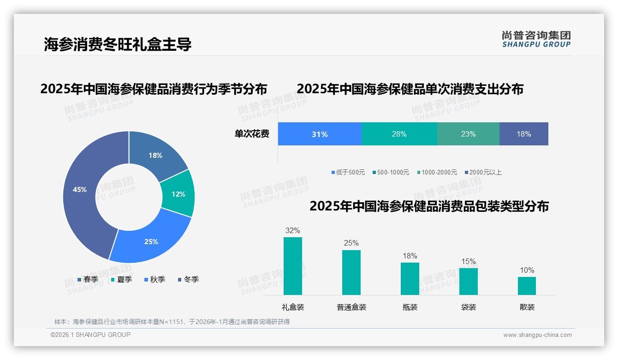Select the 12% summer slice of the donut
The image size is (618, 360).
[178, 194]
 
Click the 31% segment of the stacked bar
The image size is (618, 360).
[320, 134]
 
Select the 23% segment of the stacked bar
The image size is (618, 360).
[468, 134]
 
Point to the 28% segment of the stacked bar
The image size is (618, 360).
[399, 134]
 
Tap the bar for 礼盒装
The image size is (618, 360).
[293, 266]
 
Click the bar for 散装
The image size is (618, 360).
[527, 286]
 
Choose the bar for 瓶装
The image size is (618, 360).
[410, 278]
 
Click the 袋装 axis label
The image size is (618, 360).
[469, 307]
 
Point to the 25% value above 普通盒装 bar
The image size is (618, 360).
[351, 243]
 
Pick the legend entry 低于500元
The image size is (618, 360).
[348, 173]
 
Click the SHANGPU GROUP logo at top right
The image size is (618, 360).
[536, 39]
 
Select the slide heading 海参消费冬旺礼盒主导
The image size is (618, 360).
[118, 44]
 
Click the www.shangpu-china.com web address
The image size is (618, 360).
[537, 335]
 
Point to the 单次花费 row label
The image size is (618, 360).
[252, 134]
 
